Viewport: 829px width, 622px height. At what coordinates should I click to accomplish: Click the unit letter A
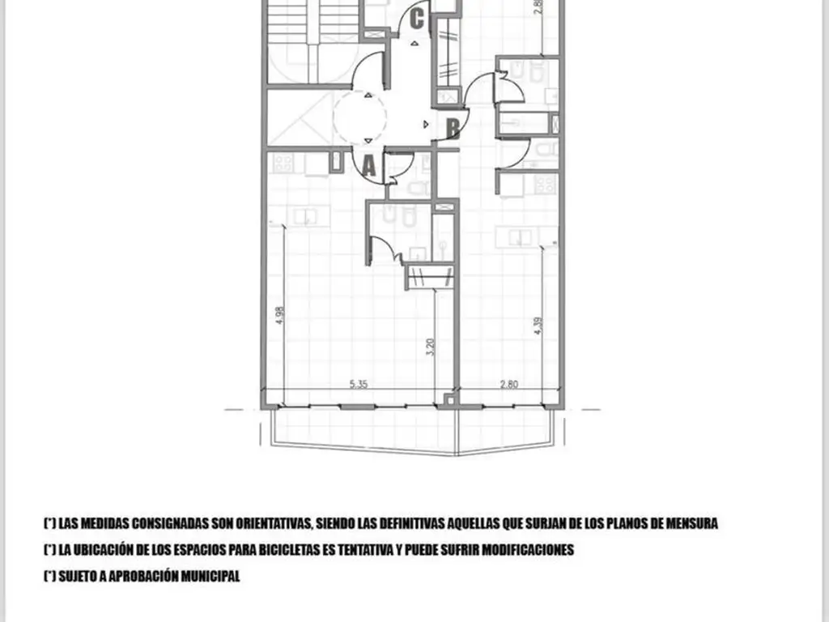(x=369, y=167)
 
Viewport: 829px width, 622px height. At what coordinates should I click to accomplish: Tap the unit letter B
(x=453, y=129)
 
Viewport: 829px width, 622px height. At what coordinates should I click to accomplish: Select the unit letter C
(x=417, y=19)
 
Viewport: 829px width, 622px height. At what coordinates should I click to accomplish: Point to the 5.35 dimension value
(x=359, y=385)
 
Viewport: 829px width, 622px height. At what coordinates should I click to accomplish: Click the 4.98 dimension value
(x=279, y=316)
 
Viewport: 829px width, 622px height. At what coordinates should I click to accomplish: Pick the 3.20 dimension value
(x=430, y=347)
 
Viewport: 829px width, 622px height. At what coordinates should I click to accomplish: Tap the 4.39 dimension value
(x=538, y=326)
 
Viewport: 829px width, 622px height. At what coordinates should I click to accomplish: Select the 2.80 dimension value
(x=508, y=385)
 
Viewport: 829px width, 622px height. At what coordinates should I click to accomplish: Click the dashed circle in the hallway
(x=359, y=117)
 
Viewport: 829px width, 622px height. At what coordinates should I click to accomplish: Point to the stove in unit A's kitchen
(x=283, y=163)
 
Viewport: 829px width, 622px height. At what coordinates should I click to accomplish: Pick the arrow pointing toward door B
(x=426, y=124)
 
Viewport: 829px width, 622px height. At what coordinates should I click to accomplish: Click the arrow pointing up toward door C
(x=415, y=44)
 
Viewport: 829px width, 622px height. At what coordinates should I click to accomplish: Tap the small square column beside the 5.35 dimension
(x=449, y=400)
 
